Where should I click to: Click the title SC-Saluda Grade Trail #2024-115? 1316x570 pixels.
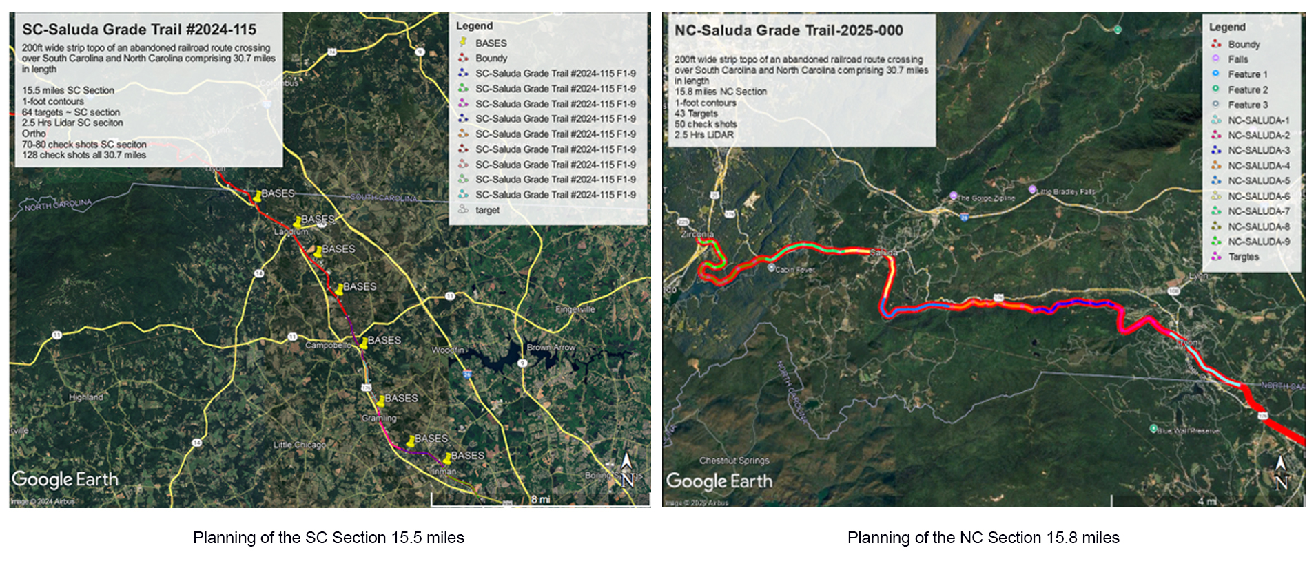tap(139, 30)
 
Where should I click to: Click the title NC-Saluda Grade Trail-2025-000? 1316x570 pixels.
tap(788, 30)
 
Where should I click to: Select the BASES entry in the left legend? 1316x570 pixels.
tap(490, 43)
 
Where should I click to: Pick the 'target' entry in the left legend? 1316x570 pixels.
tap(486, 210)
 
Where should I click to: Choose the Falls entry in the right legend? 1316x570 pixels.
tap(1237, 59)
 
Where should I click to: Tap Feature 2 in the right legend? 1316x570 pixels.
tap(1247, 89)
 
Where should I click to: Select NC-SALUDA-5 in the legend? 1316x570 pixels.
tap(1258, 181)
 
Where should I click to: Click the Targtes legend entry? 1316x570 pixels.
tap(1243, 257)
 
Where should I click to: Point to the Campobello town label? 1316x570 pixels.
tap(327, 345)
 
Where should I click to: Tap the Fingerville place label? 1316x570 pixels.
tap(575, 309)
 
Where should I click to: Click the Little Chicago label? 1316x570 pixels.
tap(299, 445)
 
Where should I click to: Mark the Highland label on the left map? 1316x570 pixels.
tap(85, 397)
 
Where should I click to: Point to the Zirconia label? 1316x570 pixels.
tap(697, 234)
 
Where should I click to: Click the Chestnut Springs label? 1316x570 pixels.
tap(734, 461)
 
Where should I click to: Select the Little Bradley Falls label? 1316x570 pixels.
tap(1065, 191)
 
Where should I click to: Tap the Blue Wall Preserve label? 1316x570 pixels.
tap(1188, 431)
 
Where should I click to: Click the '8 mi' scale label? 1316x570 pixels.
tap(540, 499)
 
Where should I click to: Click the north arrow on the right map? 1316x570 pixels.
tap(1280, 473)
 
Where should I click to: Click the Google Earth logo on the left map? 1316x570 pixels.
tap(65, 479)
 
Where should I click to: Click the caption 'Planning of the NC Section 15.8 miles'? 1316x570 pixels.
tap(983, 538)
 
